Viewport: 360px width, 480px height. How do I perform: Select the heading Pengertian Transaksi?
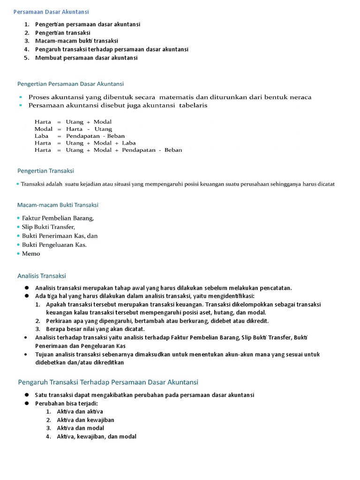[45, 171]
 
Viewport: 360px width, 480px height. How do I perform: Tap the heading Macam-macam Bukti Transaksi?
[58, 205]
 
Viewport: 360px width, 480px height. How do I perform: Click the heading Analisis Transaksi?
[42, 276]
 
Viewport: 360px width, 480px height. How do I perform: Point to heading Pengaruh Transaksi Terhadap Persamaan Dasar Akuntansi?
[108, 382]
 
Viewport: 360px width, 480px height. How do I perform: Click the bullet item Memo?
[31, 254]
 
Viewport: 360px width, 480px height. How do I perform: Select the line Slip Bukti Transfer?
[48, 227]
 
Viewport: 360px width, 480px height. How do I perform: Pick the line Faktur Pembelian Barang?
[58, 218]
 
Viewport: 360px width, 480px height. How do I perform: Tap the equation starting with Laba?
[80, 136]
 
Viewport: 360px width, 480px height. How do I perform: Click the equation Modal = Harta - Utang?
[73, 129]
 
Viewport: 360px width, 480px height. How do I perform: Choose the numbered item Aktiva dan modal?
[80, 428]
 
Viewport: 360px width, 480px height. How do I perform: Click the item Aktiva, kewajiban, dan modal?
[97, 436]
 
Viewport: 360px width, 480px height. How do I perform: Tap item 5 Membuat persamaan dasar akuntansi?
[86, 58]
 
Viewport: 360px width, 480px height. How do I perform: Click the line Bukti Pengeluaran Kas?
[54, 245]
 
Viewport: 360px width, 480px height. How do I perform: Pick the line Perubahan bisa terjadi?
[66, 403]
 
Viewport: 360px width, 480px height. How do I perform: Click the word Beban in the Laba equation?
[116, 136]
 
